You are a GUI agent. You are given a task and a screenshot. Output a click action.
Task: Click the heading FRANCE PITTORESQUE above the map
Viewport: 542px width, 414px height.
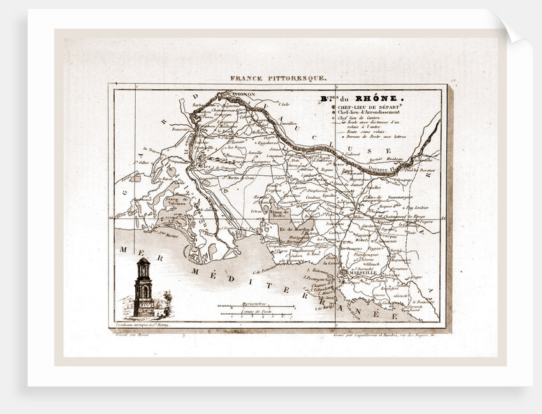(278, 78)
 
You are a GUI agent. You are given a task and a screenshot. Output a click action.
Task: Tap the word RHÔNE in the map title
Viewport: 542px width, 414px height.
(374, 99)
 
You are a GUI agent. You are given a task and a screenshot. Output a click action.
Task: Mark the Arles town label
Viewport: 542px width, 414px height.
(205, 166)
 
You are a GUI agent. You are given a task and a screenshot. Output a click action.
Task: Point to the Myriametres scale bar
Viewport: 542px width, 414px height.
(255, 306)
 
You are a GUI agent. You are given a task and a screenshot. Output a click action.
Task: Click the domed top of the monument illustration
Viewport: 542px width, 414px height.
(143, 261)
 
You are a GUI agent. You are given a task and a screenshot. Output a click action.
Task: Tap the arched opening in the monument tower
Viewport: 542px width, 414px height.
(144, 292)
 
